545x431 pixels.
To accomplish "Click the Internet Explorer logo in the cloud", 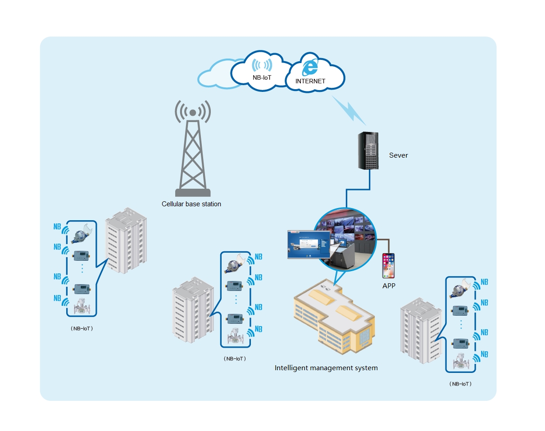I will click(310, 68).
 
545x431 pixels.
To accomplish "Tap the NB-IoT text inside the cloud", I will click(262, 78).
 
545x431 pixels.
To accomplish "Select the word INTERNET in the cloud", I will click(310, 82).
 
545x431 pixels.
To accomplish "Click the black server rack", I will click(368, 150).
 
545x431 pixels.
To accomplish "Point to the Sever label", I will click(398, 155).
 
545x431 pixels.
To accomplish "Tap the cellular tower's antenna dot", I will click(193, 112).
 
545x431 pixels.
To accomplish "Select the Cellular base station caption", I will click(191, 204).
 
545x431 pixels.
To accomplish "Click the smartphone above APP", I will click(388, 266).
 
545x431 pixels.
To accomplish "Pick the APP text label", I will click(388, 286).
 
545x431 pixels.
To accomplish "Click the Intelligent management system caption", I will click(326, 368).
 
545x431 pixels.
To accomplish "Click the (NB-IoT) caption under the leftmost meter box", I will click(82, 329).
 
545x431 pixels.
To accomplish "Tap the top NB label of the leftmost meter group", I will click(57, 227).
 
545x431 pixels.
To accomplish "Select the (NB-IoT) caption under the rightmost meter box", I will click(460, 384).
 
